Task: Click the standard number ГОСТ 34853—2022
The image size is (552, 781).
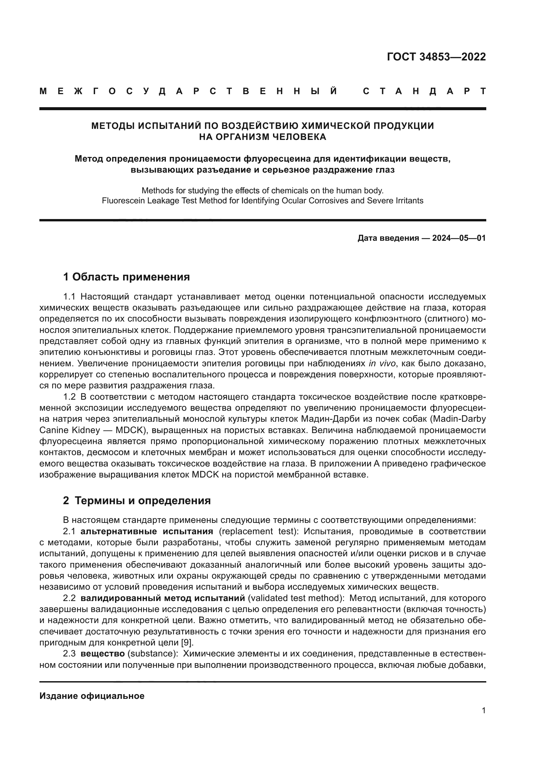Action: pyautogui.click(x=436, y=57)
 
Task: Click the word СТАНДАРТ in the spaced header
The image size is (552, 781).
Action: pyautogui.click(x=425, y=91)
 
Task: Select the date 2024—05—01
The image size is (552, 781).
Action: pyautogui.click(x=459, y=238)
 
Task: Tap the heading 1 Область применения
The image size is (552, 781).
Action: pyautogui.click(x=126, y=277)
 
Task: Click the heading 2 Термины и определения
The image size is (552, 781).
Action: pyautogui.click(x=136, y=501)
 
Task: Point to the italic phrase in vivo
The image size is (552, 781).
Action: pyautogui.click(x=382, y=363)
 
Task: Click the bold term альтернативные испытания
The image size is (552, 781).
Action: pyautogui.click(x=147, y=531)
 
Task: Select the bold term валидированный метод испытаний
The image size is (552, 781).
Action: pyautogui.click(x=163, y=598)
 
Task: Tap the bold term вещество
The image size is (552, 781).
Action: pyautogui.click(x=103, y=654)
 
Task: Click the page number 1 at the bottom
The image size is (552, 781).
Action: pyautogui.click(x=484, y=711)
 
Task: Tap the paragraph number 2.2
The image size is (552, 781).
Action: pyautogui.click(x=69, y=598)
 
